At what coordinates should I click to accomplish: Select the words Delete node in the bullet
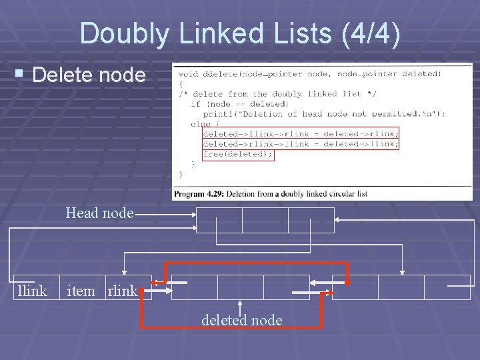88,75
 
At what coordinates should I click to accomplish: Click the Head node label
99,213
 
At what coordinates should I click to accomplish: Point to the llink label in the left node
32,291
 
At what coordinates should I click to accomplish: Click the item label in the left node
81,291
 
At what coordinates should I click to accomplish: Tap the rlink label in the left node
122,291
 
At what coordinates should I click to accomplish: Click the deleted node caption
241,321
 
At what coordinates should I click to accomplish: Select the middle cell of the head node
265,220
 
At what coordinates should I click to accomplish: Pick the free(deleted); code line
238,154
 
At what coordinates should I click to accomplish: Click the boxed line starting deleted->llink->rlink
300,133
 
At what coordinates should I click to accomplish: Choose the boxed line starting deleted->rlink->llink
300,143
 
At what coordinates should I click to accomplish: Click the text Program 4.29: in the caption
199,194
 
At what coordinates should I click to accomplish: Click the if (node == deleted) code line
231,104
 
